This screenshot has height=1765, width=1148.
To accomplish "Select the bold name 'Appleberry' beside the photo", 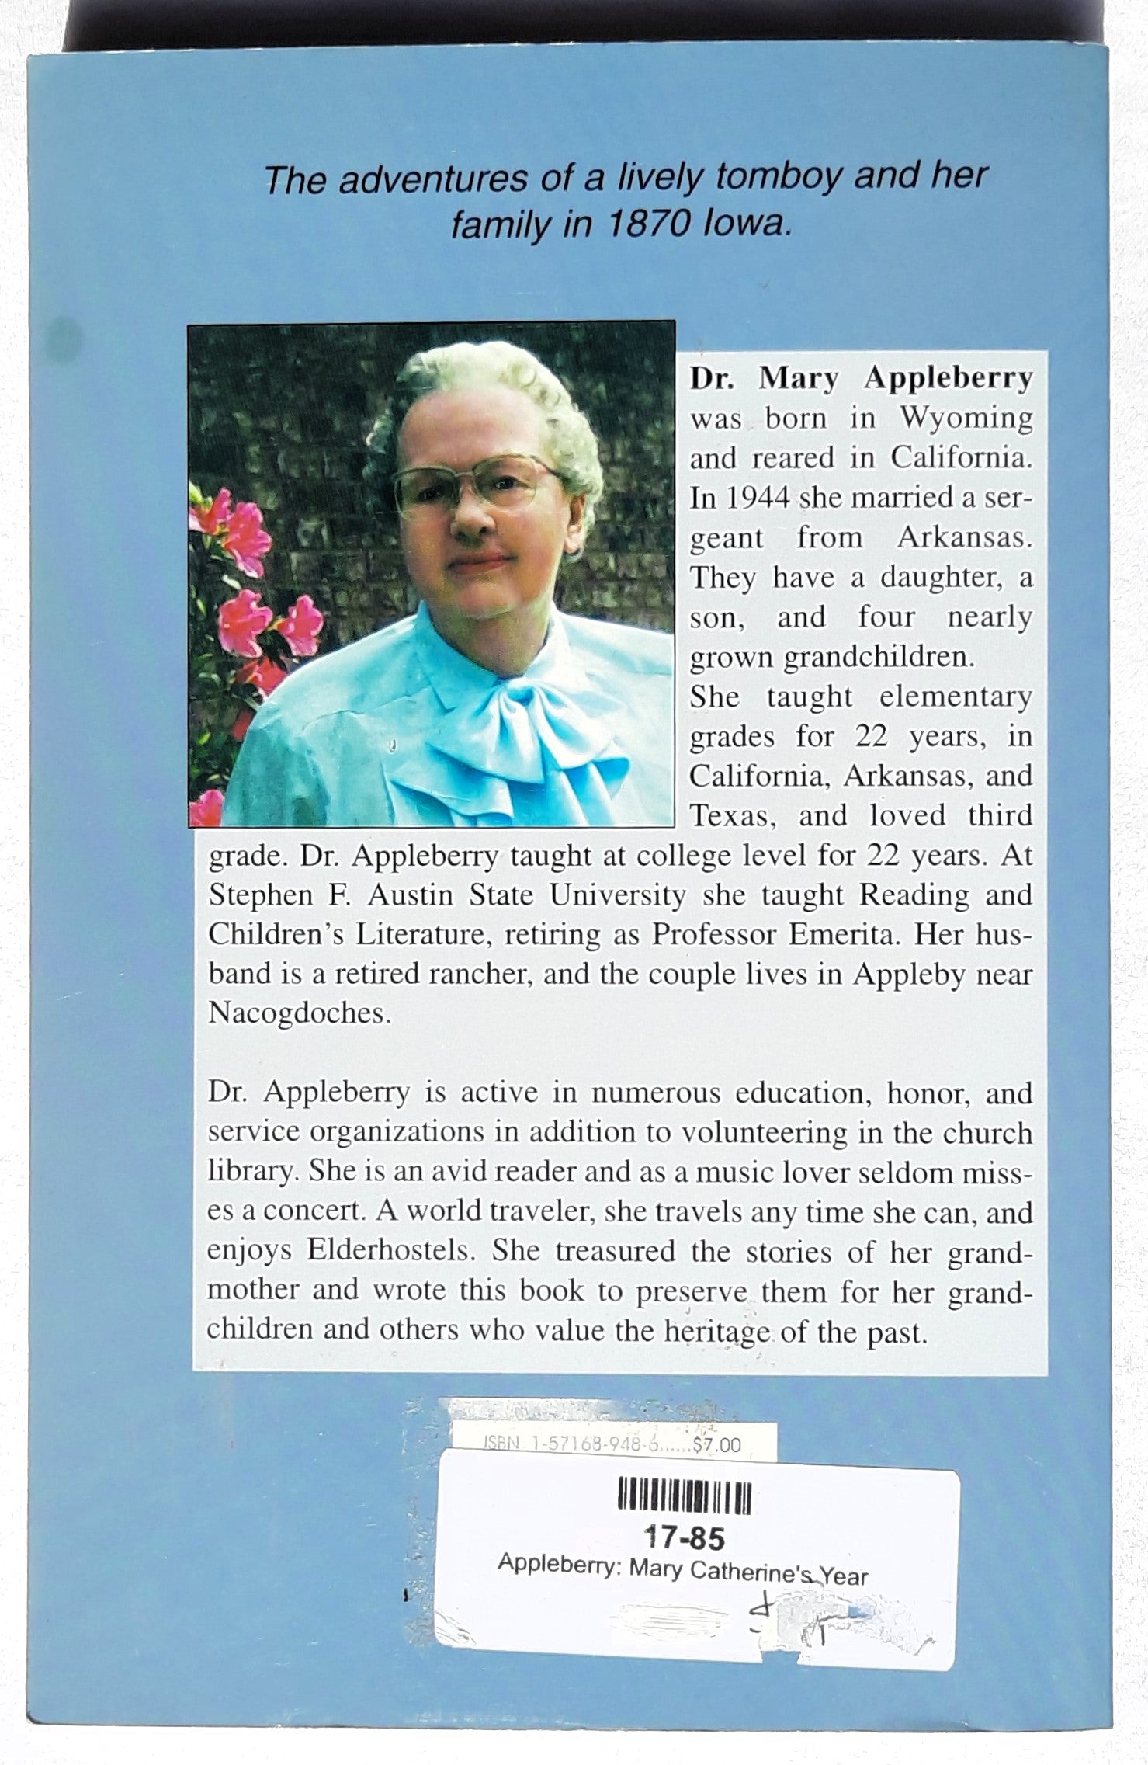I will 948,377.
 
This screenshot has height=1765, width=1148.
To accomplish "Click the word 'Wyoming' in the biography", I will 966,418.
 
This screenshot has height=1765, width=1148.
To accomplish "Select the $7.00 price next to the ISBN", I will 718,1445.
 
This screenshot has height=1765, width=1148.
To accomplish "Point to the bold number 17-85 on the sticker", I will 685,1538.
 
